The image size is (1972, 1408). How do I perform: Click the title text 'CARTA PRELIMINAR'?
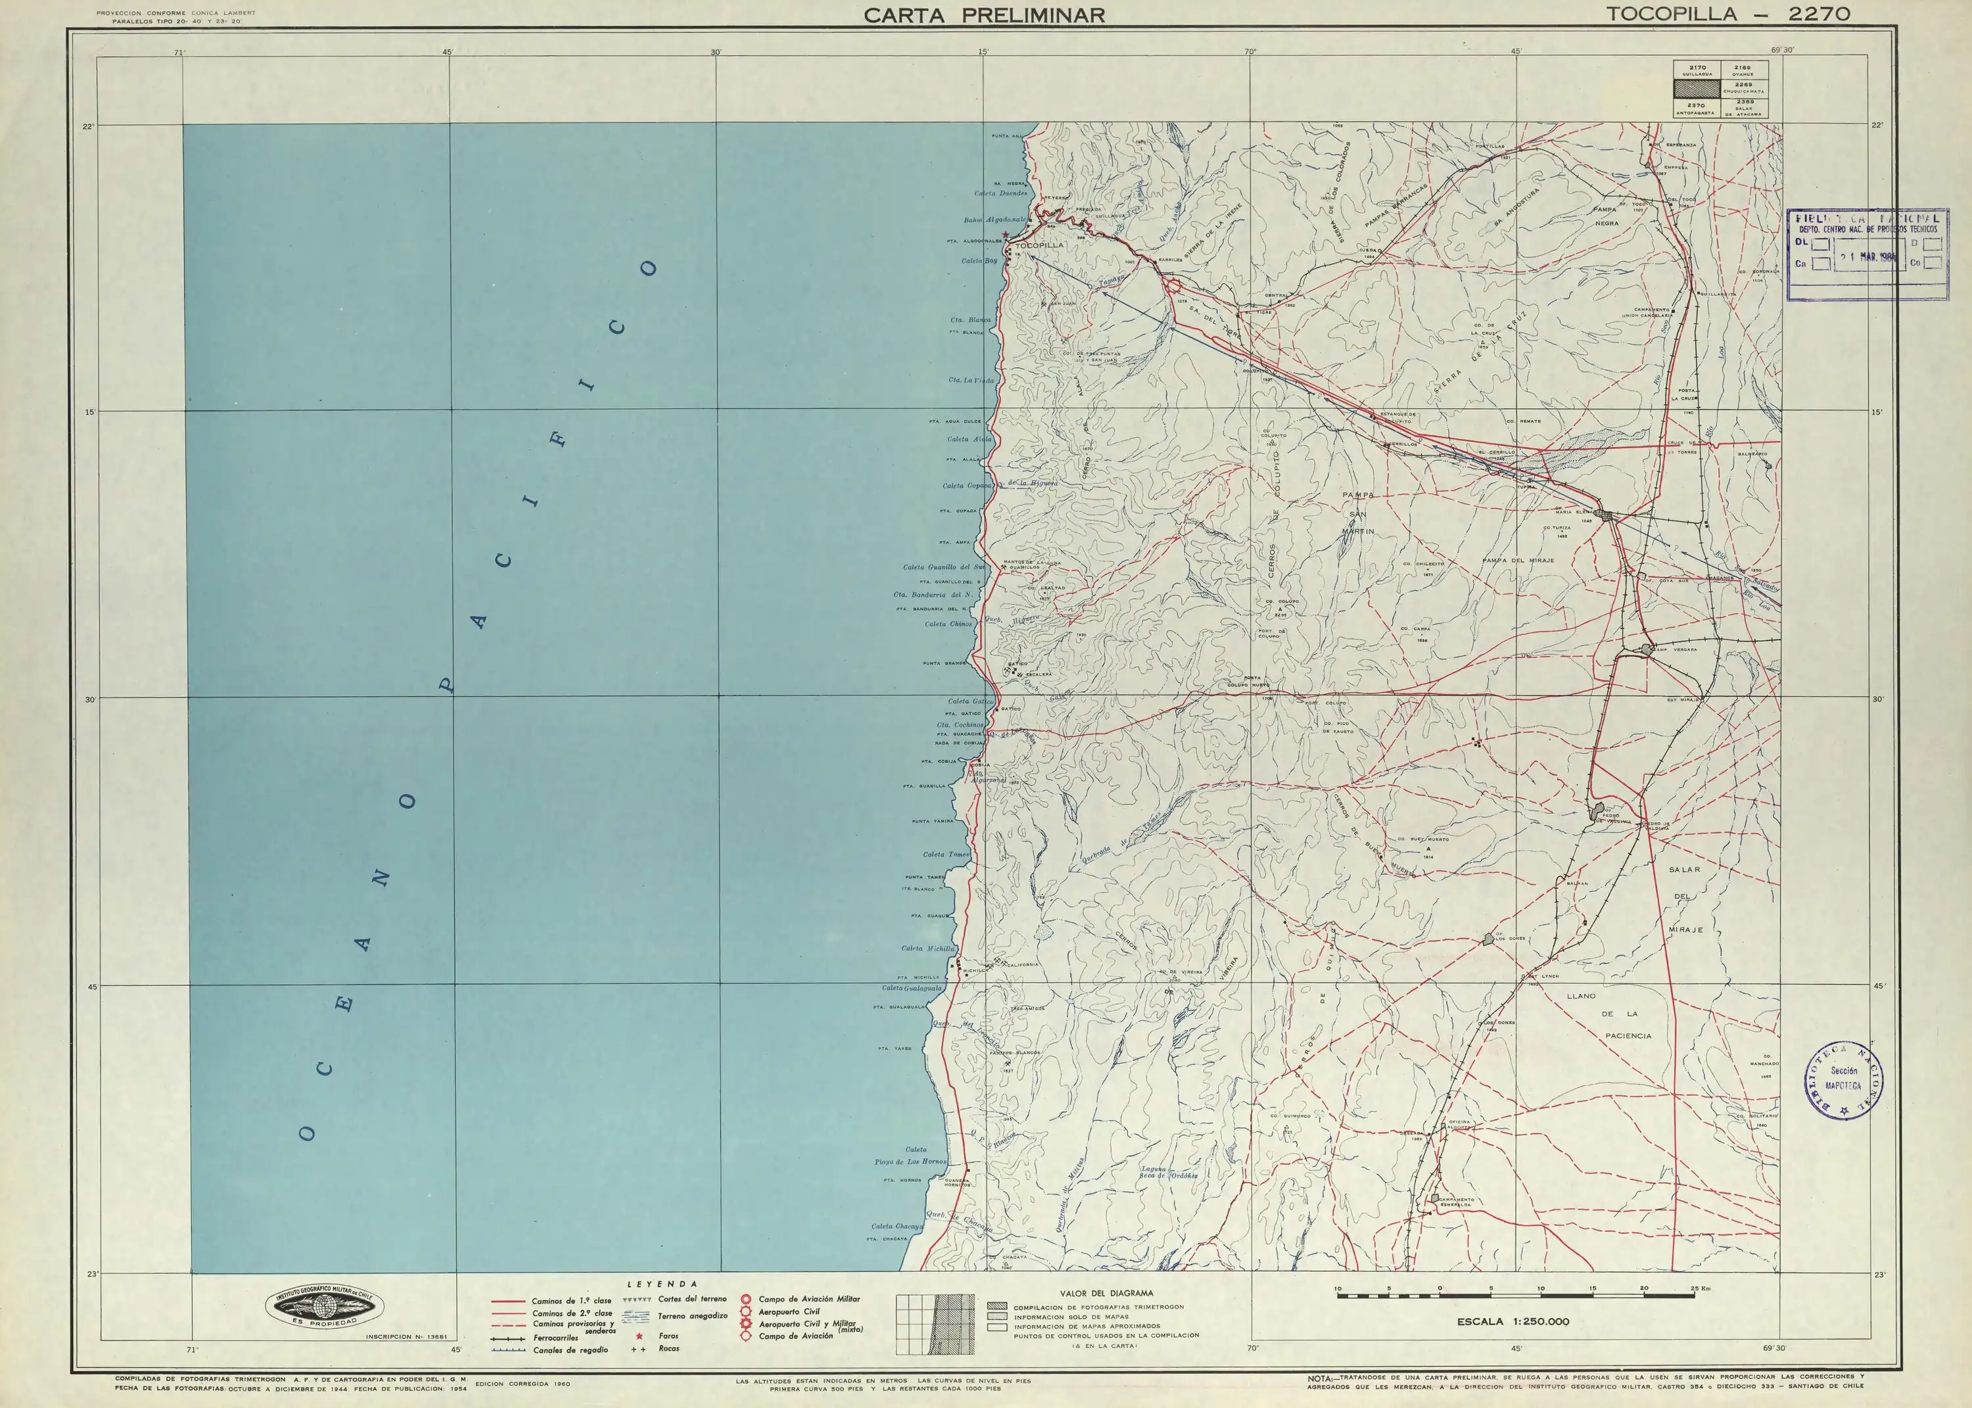(x=984, y=14)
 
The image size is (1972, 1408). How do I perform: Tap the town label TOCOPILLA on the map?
(x=1039, y=245)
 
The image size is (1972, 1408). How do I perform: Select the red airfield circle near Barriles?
(x=1172, y=285)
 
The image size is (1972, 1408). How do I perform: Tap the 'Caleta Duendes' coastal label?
(x=1000, y=193)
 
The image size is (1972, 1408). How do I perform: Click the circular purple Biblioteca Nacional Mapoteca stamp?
(x=1844, y=1079)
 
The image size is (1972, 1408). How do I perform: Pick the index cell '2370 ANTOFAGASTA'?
(x=1697, y=108)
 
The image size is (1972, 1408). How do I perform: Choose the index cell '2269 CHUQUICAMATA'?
(x=1743, y=87)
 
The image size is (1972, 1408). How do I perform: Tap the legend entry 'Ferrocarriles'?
(x=555, y=1338)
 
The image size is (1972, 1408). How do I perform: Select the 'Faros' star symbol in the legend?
(x=639, y=1336)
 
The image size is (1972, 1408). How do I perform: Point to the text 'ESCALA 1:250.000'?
(x=1512, y=1321)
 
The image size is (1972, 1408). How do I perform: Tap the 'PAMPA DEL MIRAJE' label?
(x=1517, y=560)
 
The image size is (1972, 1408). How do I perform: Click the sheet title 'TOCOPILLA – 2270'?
(x=1727, y=14)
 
